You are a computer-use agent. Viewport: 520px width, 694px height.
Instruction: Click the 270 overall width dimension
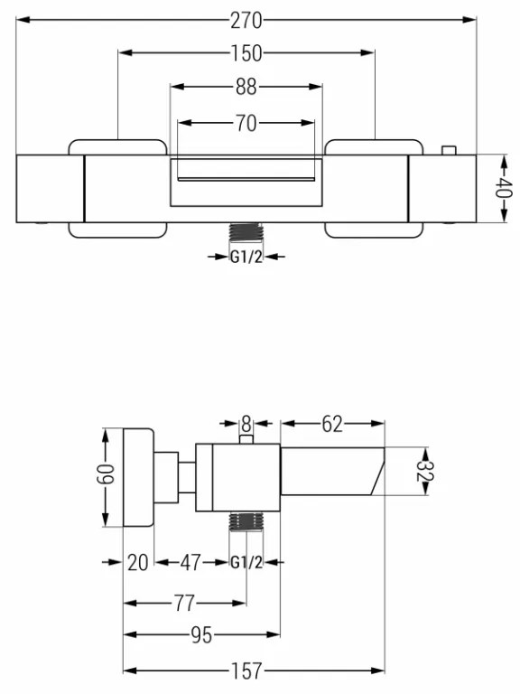246,21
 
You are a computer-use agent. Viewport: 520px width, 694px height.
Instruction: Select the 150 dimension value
246,53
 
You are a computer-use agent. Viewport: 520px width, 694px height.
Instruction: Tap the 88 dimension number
246,87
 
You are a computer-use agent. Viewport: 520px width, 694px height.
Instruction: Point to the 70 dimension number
246,123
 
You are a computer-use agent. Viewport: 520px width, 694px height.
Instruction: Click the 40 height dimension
505,188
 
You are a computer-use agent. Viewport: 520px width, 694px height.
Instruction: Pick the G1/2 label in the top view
246,257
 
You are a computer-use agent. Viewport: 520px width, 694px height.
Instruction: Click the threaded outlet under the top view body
246,232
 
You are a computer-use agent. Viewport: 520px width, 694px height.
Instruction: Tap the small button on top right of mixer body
449,151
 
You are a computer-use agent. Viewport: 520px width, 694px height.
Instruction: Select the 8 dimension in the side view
246,424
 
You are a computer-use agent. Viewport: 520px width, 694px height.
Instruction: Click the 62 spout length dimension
332,424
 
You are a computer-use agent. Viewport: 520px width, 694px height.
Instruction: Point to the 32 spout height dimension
425,471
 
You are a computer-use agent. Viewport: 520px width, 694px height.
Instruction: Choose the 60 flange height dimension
106,474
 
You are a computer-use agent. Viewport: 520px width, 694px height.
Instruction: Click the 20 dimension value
137,563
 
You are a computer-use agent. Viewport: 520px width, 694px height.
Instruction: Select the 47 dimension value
190,563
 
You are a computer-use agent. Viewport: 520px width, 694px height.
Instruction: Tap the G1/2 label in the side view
246,563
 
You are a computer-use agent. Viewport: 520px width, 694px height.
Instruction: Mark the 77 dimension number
184,604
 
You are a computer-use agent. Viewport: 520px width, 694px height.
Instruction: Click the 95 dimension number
201,635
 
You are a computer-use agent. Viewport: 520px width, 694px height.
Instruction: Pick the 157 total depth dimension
246,671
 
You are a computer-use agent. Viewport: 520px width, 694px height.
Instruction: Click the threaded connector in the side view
246,520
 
